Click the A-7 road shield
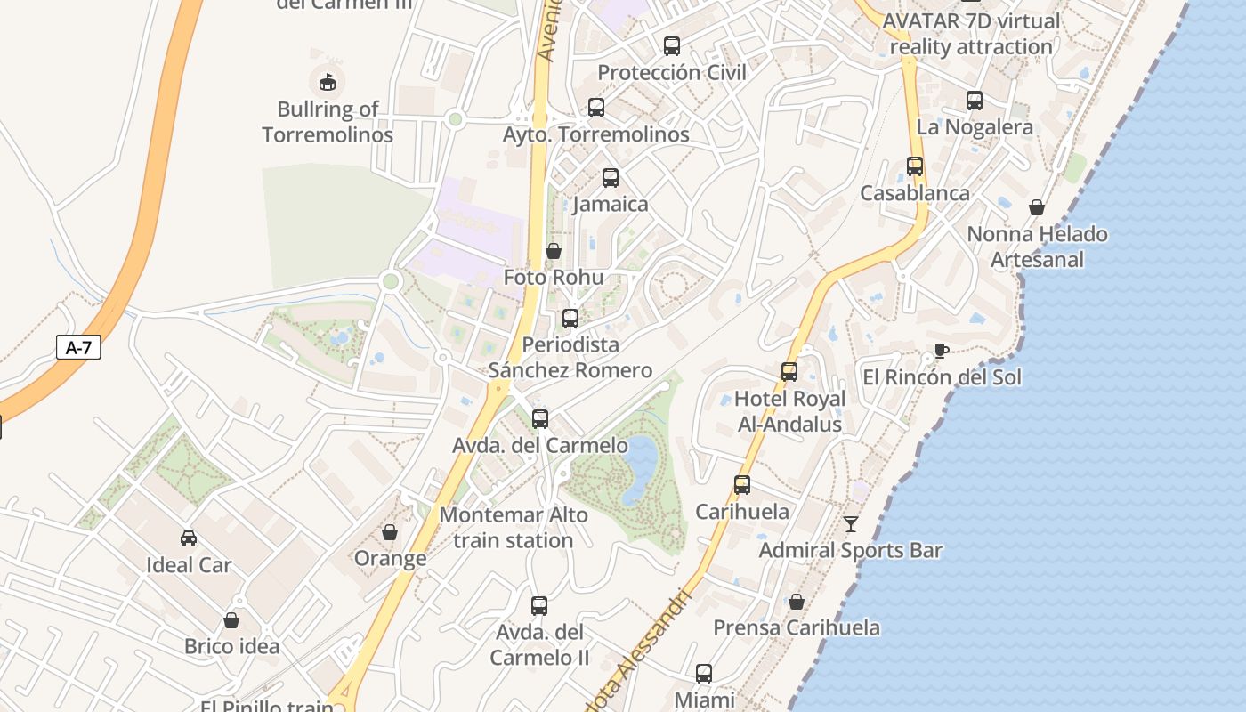click(78, 347)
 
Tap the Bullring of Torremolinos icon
click(328, 82)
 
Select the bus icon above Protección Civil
click(672, 45)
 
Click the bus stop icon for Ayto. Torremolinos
click(596, 108)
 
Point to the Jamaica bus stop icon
click(611, 177)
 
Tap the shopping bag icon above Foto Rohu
click(554, 251)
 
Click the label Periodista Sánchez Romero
click(570, 357)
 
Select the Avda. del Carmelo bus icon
click(540, 418)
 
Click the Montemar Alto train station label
click(514, 528)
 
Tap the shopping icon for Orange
click(390, 532)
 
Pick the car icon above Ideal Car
click(189, 538)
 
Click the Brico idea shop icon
click(231, 620)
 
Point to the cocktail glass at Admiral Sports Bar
click(851, 523)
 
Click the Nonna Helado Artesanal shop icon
click(1037, 207)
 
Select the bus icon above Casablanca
click(915, 166)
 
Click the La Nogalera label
click(975, 127)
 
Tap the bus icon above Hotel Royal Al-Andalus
click(789, 371)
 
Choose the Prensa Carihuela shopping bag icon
click(797, 602)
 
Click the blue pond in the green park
click(640, 467)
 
